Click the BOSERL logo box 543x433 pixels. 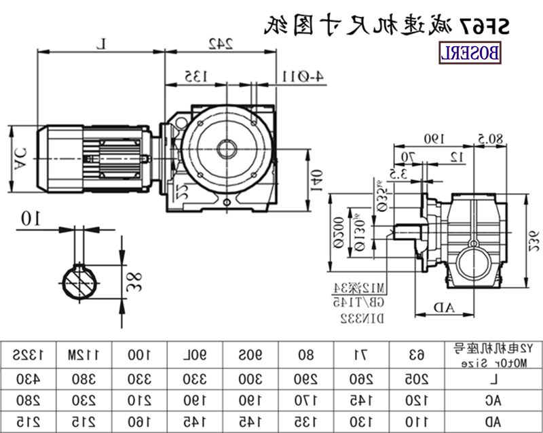coord(471,52)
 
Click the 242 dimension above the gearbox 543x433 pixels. coord(219,44)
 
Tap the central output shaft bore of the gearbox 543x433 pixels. coord(225,148)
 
